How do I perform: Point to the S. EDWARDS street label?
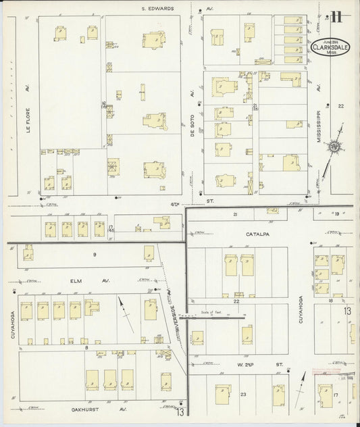(157, 8)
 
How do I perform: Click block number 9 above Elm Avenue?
(95, 254)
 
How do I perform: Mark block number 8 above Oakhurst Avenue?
(88, 347)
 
